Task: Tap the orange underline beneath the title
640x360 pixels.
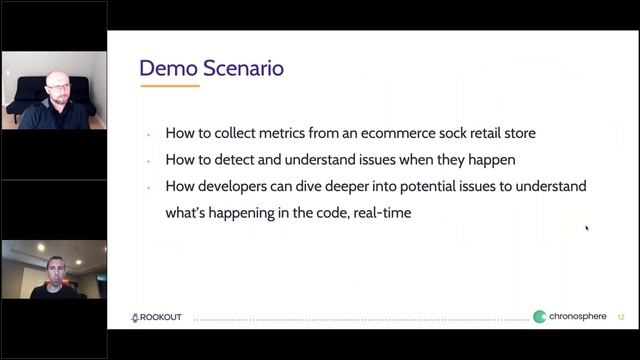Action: point(169,86)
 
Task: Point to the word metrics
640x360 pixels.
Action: point(267,133)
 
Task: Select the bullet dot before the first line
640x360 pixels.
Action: point(148,134)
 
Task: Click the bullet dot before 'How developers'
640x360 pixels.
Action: point(148,187)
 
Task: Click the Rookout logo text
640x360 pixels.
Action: point(162,317)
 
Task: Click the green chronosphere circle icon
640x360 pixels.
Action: point(540,317)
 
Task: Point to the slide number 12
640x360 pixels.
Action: point(621,317)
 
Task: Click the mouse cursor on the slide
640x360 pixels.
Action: point(587,228)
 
